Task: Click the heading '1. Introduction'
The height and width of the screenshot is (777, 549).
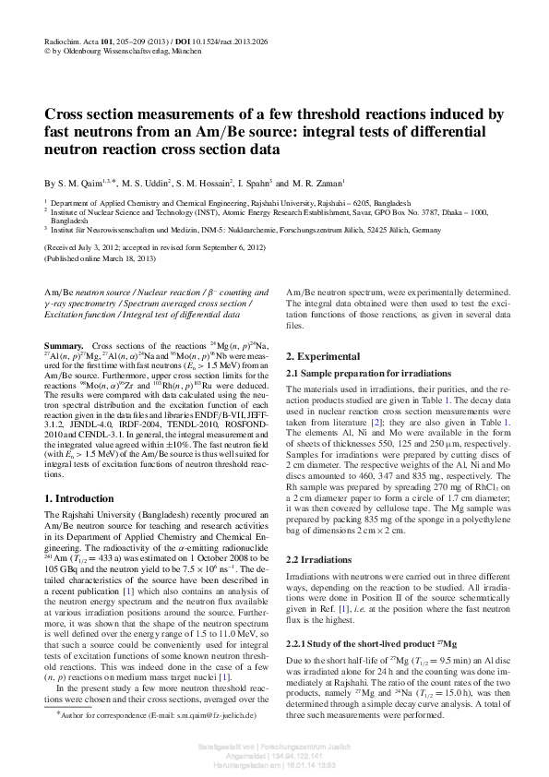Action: (80, 498)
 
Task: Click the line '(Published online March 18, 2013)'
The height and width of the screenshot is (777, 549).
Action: (109, 258)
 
